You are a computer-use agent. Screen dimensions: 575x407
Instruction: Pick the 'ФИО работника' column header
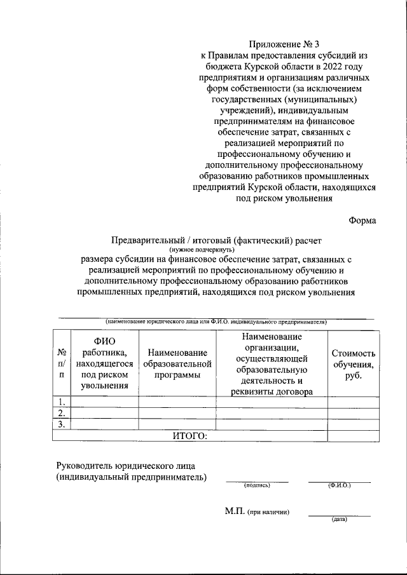pos(104,363)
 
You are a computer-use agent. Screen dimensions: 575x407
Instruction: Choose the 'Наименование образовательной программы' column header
pos(177,363)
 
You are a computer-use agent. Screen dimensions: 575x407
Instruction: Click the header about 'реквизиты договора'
pos(272,392)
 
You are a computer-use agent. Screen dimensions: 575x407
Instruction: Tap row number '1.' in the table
pos(62,402)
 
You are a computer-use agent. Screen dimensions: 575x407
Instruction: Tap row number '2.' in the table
pos(62,413)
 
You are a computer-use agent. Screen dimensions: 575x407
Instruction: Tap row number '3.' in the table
pos(62,424)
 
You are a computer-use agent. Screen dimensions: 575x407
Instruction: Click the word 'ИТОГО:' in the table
pos(190,435)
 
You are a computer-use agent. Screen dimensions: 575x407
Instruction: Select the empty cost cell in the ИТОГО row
pos(353,435)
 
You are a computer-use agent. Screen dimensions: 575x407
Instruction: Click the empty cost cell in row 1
pos(353,402)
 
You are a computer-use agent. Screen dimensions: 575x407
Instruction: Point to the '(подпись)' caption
pos(257,485)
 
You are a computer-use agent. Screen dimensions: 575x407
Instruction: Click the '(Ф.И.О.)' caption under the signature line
pos(339,485)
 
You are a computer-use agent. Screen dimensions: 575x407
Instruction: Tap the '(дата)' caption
pos(339,519)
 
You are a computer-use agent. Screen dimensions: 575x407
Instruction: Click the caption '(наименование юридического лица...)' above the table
pos(216,321)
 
